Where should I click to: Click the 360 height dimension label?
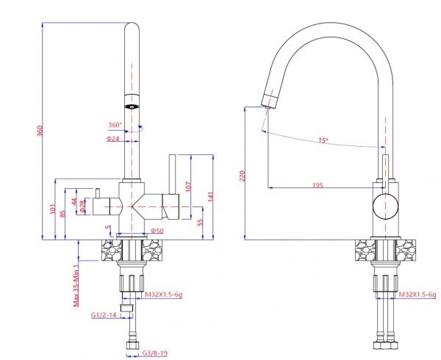(x=40, y=131)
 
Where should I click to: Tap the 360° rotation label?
(x=115, y=125)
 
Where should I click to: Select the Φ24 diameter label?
(x=112, y=138)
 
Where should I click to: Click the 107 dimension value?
(x=187, y=187)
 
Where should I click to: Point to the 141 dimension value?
(x=209, y=196)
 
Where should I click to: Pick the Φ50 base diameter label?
(x=157, y=231)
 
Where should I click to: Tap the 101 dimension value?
(x=52, y=209)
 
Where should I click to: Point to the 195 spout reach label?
(x=318, y=185)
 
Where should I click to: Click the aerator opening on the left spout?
(x=132, y=105)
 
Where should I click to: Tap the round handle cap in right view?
(x=384, y=208)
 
